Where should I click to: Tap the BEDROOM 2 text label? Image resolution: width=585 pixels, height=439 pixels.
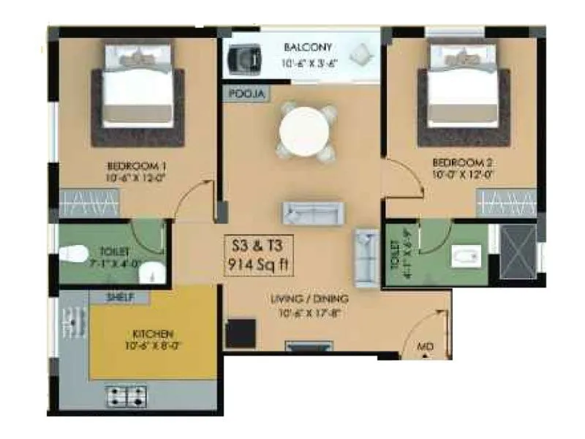(x=459, y=162)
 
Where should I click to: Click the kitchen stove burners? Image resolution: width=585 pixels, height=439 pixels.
(x=127, y=396)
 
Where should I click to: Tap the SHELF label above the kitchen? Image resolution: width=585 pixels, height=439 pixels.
(x=119, y=298)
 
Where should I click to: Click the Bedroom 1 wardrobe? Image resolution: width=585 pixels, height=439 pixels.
(x=88, y=201)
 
